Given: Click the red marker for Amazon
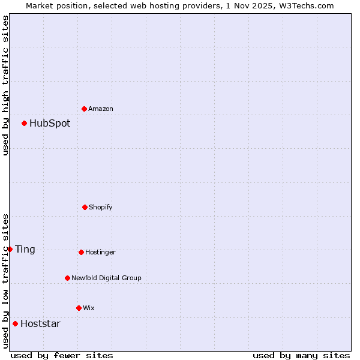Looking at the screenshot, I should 85,109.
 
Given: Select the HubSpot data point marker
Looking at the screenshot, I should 25,123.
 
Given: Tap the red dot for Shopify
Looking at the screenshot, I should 85,207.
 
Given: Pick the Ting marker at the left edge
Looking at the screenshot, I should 10,249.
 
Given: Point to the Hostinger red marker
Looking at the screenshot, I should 81,252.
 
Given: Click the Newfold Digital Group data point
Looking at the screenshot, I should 67,278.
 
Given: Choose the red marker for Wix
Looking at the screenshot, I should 79,308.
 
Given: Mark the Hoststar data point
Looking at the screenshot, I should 15,323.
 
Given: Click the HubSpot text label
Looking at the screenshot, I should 50,124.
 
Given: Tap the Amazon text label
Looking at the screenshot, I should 101,109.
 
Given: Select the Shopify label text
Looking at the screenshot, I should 101,207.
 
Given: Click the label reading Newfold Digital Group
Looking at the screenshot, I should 106,278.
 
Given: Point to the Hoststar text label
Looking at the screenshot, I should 40,324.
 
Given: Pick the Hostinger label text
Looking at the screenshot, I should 100,252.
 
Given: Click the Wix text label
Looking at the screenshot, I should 89,308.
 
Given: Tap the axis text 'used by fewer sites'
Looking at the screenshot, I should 62,355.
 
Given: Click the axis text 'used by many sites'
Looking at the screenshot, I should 301,355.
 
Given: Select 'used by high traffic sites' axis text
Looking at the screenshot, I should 5,85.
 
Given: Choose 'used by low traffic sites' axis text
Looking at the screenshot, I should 5,281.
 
